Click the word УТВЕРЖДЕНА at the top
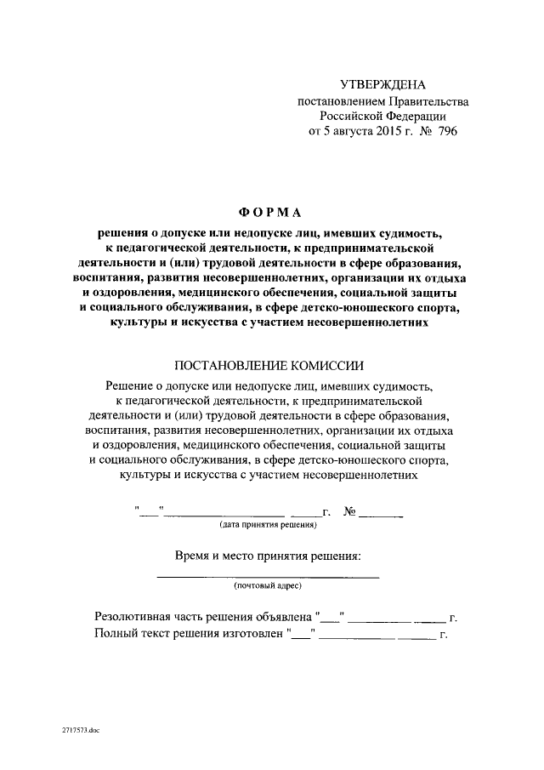pyautogui.click(x=382, y=84)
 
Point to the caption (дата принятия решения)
pyautogui.click(x=269, y=525)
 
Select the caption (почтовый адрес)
pyautogui.click(x=268, y=586)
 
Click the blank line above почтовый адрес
pyautogui.click(x=269, y=577)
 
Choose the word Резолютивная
pyautogui.click(x=139, y=617)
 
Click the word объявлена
pyautogui.click(x=281, y=617)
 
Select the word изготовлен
pyautogui.click(x=251, y=634)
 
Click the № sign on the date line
pyautogui.click(x=349, y=511)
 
